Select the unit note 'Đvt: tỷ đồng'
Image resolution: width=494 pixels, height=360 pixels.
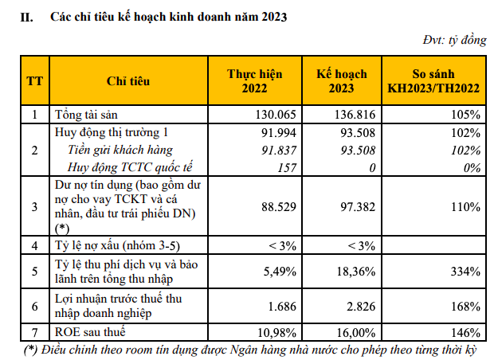454,41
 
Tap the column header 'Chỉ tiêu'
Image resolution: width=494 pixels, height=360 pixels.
127,80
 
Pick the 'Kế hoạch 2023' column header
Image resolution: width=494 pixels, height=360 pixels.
341,80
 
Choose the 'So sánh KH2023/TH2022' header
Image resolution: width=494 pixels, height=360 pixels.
433,80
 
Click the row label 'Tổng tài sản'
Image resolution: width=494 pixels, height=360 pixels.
87,114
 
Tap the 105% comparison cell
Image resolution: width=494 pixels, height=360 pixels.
467,114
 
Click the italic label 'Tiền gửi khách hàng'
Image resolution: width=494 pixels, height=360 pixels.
120,150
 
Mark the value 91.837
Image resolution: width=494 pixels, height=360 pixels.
280,150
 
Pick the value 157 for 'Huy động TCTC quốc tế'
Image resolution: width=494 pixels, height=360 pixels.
288,167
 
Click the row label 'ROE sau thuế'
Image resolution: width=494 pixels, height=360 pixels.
89,331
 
